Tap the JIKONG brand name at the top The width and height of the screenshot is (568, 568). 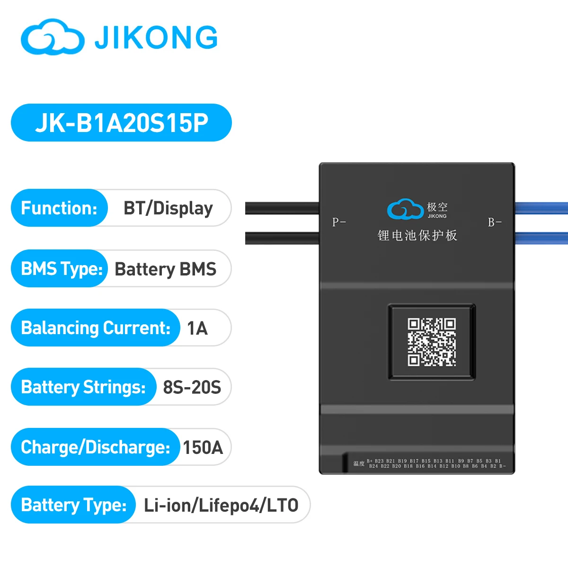click(x=156, y=38)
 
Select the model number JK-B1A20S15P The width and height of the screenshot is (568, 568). click(x=121, y=123)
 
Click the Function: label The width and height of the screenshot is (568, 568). click(x=59, y=208)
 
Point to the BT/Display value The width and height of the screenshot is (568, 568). click(x=168, y=208)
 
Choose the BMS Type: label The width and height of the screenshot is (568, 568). click(x=62, y=268)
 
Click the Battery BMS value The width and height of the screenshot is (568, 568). click(x=165, y=269)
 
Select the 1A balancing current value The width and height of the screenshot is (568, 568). click(x=197, y=328)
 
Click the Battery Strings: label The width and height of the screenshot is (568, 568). click(x=83, y=387)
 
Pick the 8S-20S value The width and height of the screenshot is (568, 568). click(x=192, y=387)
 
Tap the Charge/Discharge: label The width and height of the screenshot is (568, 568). click(x=95, y=447)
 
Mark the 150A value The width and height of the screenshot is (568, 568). click(x=203, y=447)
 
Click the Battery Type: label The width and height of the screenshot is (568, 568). click(x=74, y=505)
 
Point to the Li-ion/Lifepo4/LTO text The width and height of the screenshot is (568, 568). click(x=221, y=505)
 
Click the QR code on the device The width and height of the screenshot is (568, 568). click(x=432, y=342)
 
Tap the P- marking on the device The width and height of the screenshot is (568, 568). click(x=339, y=222)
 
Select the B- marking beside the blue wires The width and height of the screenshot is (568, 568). click(x=495, y=222)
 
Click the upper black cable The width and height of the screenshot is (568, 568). click(x=282, y=208)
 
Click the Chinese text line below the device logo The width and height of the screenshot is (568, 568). click(x=417, y=235)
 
